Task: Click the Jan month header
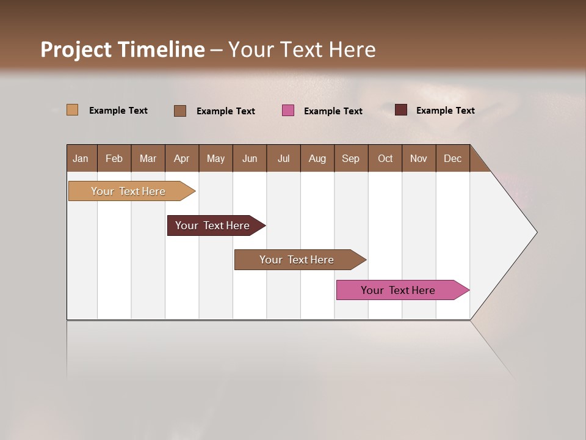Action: coord(81,158)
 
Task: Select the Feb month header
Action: coord(114,158)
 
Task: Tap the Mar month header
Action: coord(148,158)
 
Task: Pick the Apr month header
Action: coord(182,158)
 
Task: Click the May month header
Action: coord(215,158)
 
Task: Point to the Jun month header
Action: coord(250,158)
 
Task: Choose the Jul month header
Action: coord(283,158)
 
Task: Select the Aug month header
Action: coord(317,158)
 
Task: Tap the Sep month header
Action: coord(351,158)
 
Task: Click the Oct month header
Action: coord(385,158)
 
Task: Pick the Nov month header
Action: coord(419,158)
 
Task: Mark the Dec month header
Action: coord(452,158)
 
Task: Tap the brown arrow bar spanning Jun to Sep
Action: coord(297,260)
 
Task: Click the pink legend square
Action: coord(288,111)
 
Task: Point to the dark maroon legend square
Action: coord(401,110)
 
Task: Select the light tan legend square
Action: coord(73,110)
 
